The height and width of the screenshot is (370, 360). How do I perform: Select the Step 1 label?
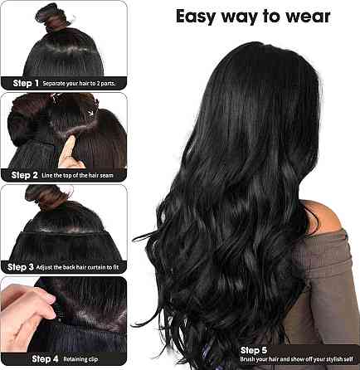[x=26, y=83]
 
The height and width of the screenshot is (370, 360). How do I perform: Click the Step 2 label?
[x=24, y=175]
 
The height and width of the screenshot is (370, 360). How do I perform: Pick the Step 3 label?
[x=21, y=267]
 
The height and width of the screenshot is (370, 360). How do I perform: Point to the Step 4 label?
[x=45, y=358]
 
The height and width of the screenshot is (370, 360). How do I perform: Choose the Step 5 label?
[x=254, y=350]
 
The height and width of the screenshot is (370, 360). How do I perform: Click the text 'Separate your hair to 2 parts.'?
[x=79, y=83]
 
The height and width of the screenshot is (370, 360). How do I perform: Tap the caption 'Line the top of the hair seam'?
[x=77, y=175]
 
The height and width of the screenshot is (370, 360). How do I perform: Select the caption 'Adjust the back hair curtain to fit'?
[x=77, y=267]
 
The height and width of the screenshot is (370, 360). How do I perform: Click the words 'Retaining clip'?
[x=80, y=359]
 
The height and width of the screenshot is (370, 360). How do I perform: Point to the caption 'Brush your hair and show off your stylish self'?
[x=296, y=359]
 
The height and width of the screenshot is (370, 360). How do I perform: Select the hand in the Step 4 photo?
[x=27, y=315]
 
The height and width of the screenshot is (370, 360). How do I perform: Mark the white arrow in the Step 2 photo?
[x=90, y=112]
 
